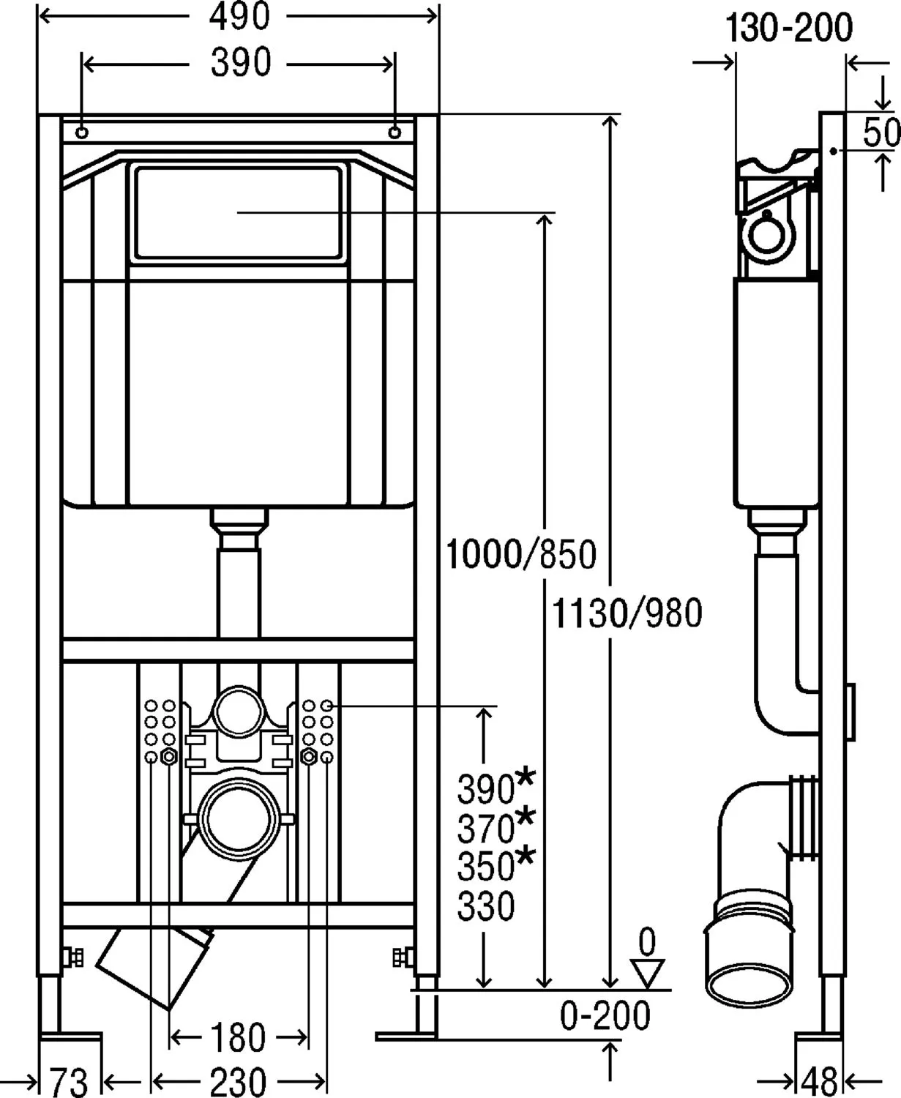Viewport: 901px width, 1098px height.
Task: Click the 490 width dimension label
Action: click(239, 16)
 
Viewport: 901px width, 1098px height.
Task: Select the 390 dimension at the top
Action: click(241, 63)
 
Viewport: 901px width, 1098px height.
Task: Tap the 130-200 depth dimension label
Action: click(788, 28)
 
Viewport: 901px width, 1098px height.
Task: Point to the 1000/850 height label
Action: click(521, 554)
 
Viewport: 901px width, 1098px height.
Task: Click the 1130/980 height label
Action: click(627, 613)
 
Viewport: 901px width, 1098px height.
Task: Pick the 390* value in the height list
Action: click(496, 787)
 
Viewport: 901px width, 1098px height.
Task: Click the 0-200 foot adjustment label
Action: click(605, 1015)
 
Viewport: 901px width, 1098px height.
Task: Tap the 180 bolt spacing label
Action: click(239, 1037)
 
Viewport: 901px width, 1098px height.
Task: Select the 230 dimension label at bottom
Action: click(239, 1082)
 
